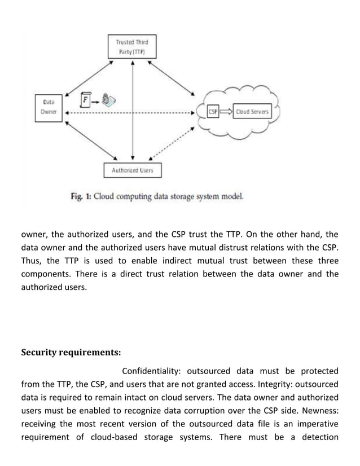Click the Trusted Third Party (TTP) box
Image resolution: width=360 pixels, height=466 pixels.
click(131, 46)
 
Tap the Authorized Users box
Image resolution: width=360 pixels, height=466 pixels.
click(132, 170)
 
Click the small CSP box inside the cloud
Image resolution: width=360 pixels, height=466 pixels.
click(214, 112)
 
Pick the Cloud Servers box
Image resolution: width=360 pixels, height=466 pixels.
click(252, 112)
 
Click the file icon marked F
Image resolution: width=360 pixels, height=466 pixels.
click(86, 100)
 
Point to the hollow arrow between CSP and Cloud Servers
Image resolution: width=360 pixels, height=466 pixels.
click(226, 112)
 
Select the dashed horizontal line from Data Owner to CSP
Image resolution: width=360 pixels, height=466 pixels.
click(130, 113)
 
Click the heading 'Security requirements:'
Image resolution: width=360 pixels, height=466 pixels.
click(71, 353)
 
